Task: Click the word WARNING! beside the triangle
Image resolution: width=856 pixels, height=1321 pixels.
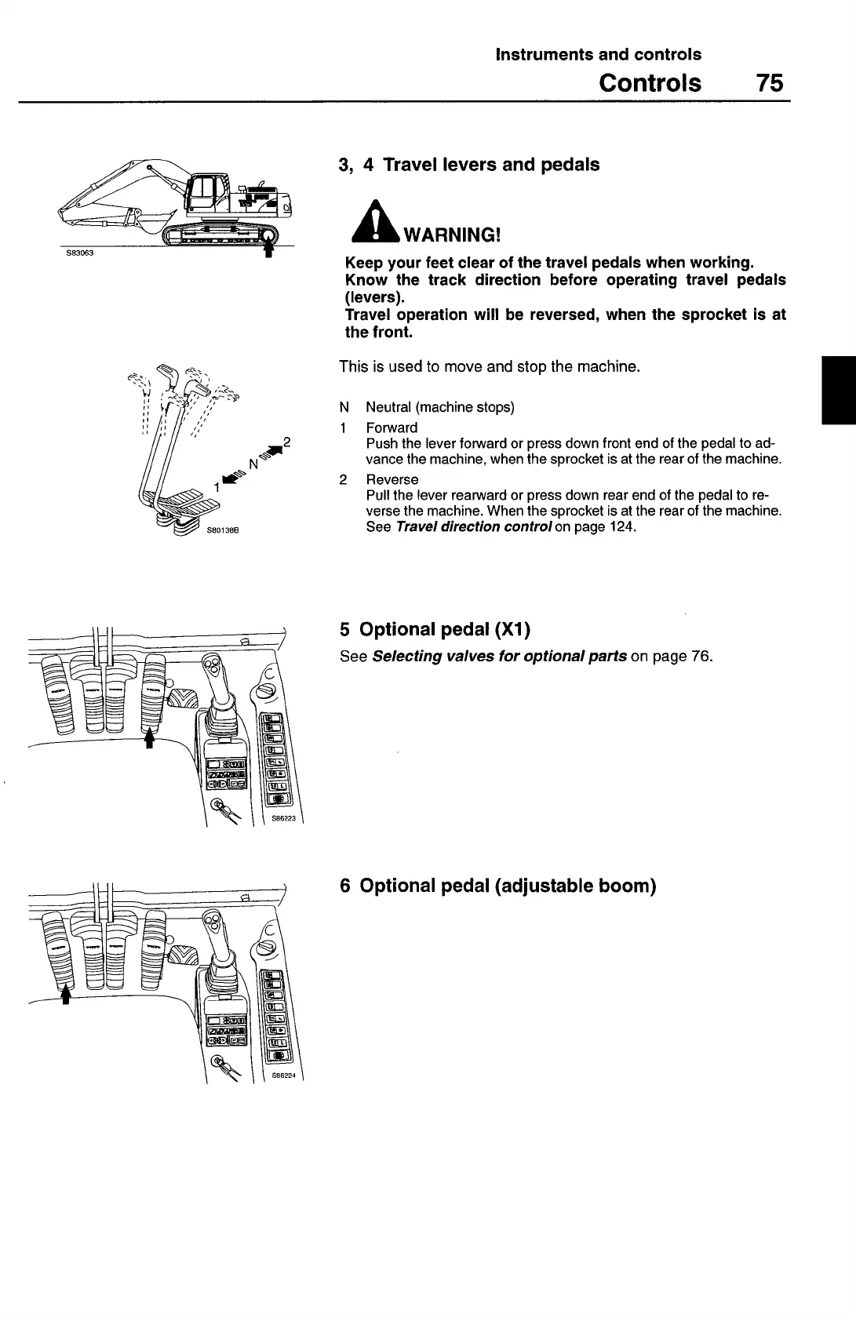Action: [x=451, y=235]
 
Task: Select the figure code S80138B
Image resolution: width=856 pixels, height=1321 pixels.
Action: [x=223, y=530]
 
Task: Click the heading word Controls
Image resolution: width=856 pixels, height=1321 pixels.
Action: [x=650, y=82]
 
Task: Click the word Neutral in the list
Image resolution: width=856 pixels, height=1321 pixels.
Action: [x=389, y=407]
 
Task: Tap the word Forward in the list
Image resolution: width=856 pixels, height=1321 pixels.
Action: [x=392, y=428]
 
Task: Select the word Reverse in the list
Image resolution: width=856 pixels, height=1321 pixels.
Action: [x=392, y=479]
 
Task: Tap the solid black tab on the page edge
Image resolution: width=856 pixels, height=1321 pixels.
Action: [x=838, y=390]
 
